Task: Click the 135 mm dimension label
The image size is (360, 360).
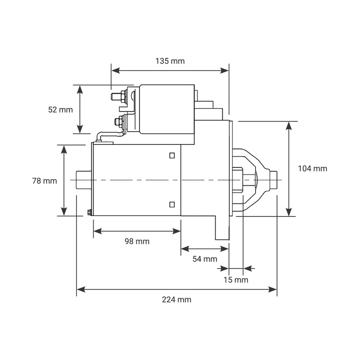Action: [170, 61]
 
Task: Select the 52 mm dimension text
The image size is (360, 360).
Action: [60, 109]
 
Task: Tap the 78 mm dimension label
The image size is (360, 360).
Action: [45, 181]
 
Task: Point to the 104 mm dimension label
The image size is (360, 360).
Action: [313, 169]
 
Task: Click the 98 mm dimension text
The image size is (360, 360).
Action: [137, 241]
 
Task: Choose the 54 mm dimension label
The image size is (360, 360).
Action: [204, 259]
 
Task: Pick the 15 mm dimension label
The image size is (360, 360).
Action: [236, 280]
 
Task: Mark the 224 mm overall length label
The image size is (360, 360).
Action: [176, 300]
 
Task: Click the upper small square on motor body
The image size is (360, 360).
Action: [172, 156]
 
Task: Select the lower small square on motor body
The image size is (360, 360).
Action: [172, 205]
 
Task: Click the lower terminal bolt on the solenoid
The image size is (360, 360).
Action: [119, 121]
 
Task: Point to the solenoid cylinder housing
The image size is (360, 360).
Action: [166, 109]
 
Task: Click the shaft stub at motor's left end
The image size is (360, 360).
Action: [84, 180]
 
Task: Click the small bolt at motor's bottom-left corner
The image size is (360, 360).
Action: [89, 212]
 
